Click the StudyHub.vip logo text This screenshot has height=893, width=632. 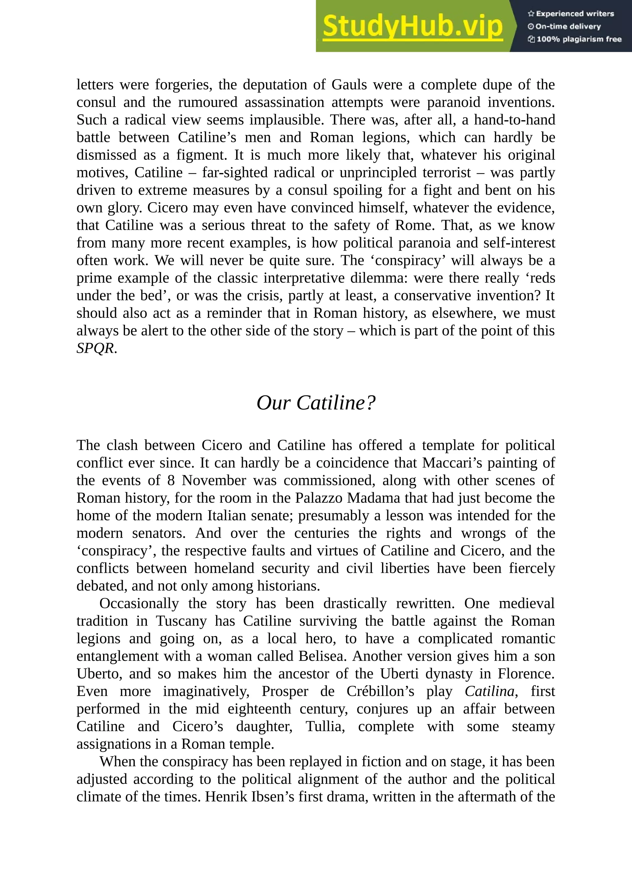tap(413, 27)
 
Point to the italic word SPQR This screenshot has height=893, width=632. tap(95, 348)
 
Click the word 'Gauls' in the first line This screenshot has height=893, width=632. tap(349, 84)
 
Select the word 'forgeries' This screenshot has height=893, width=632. tap(183, 84)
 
